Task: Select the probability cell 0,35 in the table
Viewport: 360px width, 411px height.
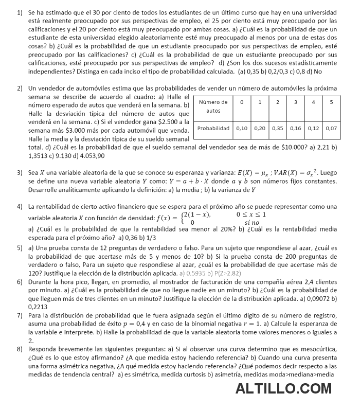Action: [x=277, y=128]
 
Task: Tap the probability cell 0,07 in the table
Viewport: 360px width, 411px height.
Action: [x=331, y=128]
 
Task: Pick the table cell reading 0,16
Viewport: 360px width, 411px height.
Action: [x=295, y=128]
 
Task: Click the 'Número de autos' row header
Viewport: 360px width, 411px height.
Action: [x=213, y=106]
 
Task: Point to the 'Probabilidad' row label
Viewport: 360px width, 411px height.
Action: [x=213, y=128]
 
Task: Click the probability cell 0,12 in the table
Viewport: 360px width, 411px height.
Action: [x=313, y=128]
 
